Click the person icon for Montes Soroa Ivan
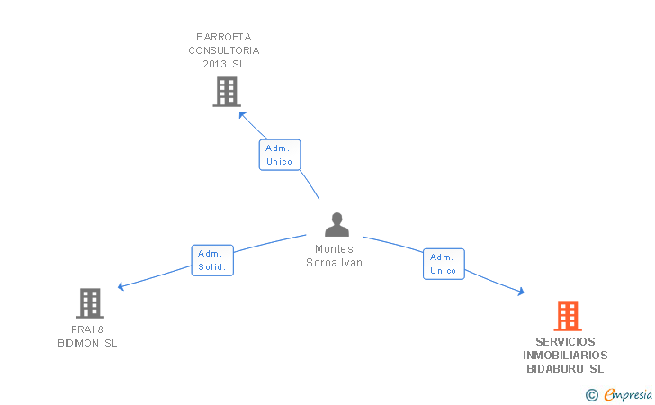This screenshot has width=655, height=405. click(x=336, y=224)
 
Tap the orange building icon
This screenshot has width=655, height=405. click(x=568, y=316)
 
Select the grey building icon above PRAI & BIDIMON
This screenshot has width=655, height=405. click(x=90, y=303)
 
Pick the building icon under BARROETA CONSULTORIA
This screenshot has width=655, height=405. click(x=227, y=92)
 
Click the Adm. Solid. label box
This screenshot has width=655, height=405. click(x=212, y=260)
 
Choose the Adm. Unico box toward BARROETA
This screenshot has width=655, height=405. click(x=280, y=155)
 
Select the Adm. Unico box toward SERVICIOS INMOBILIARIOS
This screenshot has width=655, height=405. click(x=444, y=264)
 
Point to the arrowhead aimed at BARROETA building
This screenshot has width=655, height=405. click(x=242, y=115)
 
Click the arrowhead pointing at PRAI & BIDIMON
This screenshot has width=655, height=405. click(x=121, y=286)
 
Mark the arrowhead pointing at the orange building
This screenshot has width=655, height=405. click(x=521, y=292)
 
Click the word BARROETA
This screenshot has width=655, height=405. click(x=224, y=37)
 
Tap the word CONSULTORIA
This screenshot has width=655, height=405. click(x=224, y=50)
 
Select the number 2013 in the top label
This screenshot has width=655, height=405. click(x=215, y=64)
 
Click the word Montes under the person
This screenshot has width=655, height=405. click(x=334, y=249)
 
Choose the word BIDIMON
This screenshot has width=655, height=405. click(x=78, y=343)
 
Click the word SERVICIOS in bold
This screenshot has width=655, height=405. click(x=565, y=342)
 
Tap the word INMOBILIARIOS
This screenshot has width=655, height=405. click(x=565, y=355)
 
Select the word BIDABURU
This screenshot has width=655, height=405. click(x=555, y=369)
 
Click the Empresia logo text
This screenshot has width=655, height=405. click(x=628, y=394)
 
